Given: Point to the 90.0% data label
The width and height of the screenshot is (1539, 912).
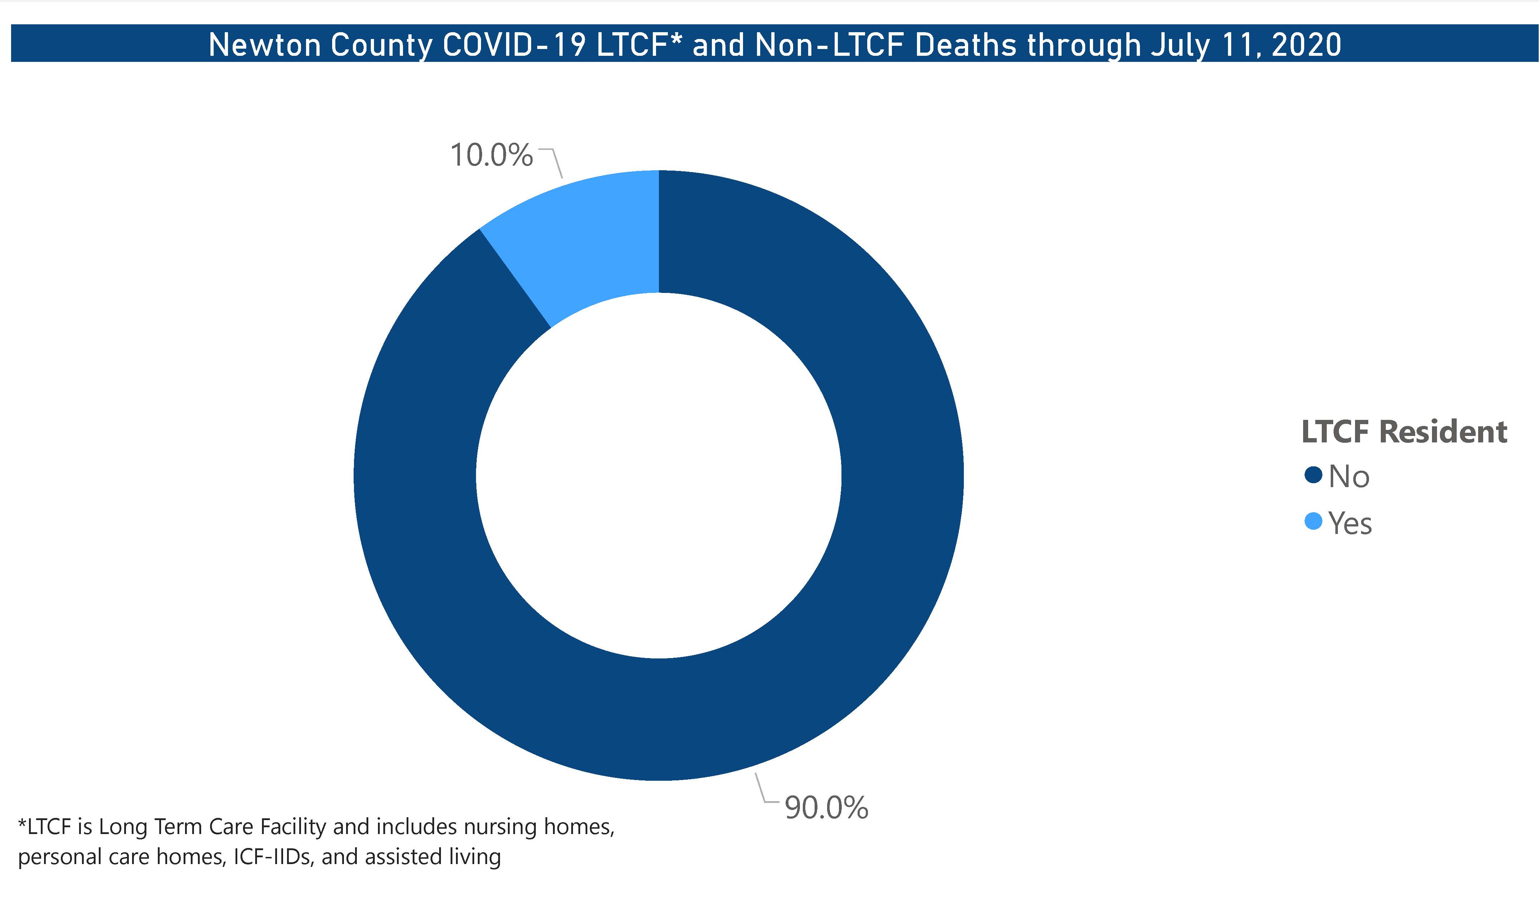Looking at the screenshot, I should tap(826, 808).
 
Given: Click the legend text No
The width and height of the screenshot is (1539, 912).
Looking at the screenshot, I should tap(1349, 476).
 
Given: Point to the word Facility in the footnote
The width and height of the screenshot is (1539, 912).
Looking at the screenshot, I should tap(293, 827).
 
